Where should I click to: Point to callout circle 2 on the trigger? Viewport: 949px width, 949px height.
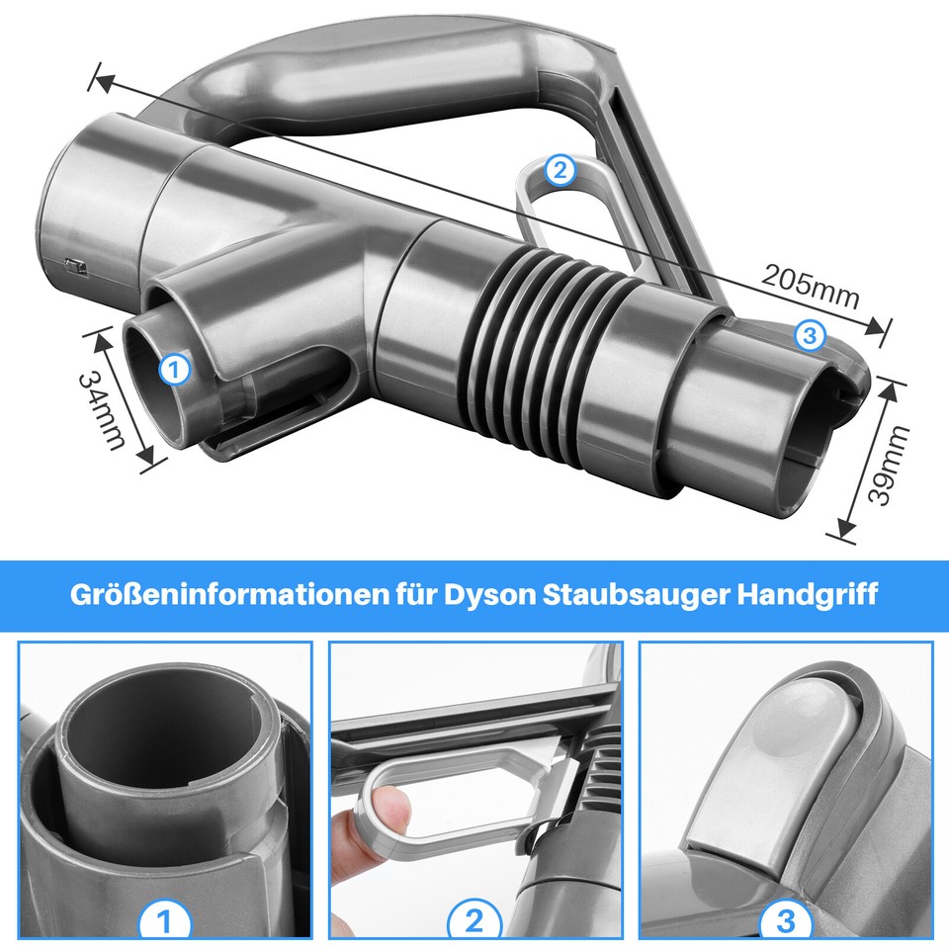560,171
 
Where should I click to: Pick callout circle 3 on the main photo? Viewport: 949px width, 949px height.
810,336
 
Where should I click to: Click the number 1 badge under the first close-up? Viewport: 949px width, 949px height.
165,921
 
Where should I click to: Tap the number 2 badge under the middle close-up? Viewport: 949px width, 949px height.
475,921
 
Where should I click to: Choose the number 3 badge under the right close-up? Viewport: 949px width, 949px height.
786,921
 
